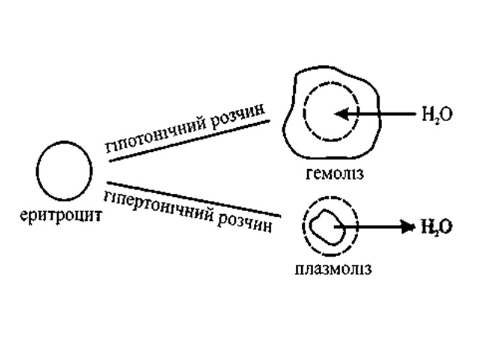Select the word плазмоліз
coord(333,268)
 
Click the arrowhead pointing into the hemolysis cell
coord(339,113)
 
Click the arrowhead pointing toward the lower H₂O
coord(409,227)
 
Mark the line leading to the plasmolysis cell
coord(192,199)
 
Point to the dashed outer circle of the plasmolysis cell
coord(358,227)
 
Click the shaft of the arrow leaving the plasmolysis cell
coord(375,227)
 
